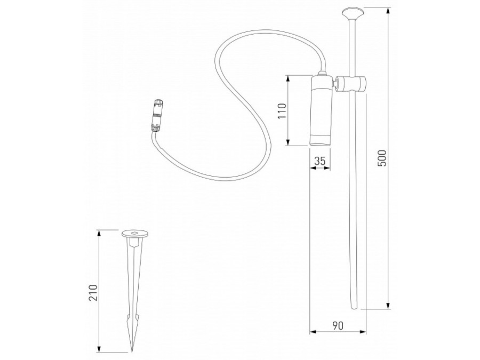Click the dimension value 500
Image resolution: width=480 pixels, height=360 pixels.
click(x=382, y=158)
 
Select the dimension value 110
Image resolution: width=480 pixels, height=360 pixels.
click(x=282, y=111)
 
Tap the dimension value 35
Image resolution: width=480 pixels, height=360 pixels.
click(x=320, y=161)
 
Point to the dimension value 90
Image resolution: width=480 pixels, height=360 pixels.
click(x=338, y=326)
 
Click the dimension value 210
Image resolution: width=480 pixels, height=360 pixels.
click(x=93, y=293)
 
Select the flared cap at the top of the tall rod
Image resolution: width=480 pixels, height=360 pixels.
click(x=353, y=14)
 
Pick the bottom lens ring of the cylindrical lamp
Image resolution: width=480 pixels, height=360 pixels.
click(x=320, y=140)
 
